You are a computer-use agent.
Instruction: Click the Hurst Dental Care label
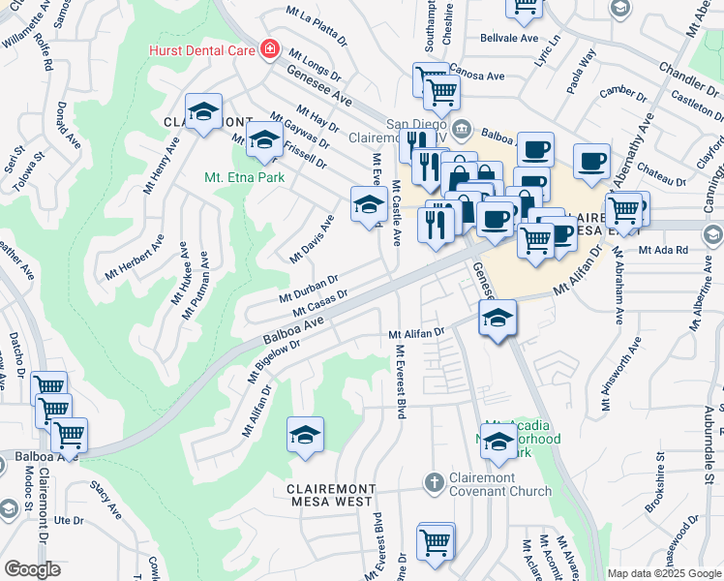pyautogui.click(x=200, y=50)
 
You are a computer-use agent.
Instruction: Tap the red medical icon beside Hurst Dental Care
pyautogui.click(x=268, y=50)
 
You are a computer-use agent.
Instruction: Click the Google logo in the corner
pyautogui.click(x=32, y=569)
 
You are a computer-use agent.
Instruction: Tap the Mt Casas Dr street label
pyautogui.click(x=319, y=302)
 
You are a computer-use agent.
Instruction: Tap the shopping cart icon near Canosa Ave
pyautogui.click(x=440, y=93)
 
